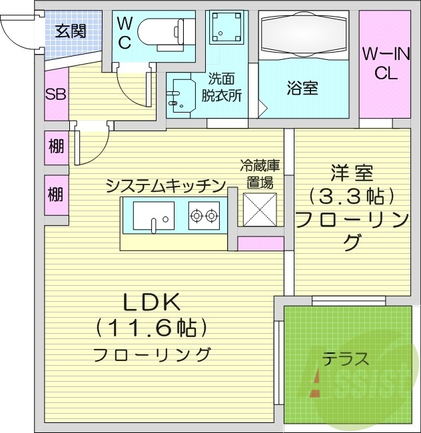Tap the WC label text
pyautogui.click(x=125, y=32)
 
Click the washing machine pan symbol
pyautogui.click(x=227, y=30)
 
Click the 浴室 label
pyautogui.click(x=302, y=88)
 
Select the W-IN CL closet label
pyautogui.click(x=384, y=63)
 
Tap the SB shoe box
pyautogui.click(x=55, y=94)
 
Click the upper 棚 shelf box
pyautogui.click(x=56, y=146)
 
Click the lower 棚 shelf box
pyautogui.click(x=56, y=194)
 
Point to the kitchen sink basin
pyautogui.click(x=154, y=217)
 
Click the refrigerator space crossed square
pyautogui.click(x=260, y=209)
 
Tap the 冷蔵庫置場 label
pyautogui.click(x=258, y=174)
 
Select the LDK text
pyautogui.click(x=152, y=302)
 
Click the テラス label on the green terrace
pyautogui.click(x=346, y=359)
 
